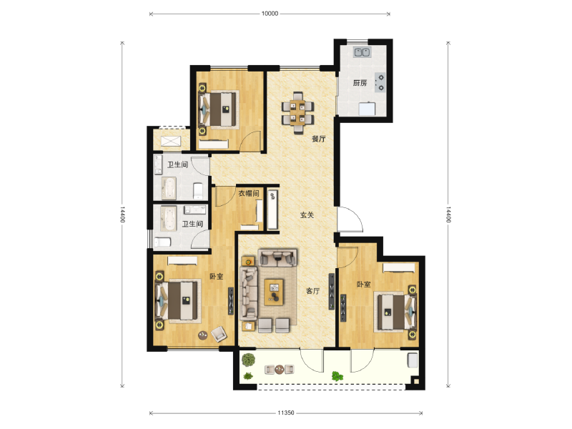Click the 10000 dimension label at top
tap(270, 14)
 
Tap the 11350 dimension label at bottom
tap(285, 413)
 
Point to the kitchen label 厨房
tap(360, 83)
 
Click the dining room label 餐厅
tap(318, 139)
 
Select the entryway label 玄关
tap(307, 215)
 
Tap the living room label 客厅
tap(312, 291)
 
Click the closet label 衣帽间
tap(249, 193)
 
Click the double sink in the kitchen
tap(362, 52)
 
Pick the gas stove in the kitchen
tap(380, 82)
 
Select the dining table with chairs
tap(298, 112)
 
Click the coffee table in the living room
tap(274, 292)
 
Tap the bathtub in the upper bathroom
tap(169, 188)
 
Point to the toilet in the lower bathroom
tap(163, 242)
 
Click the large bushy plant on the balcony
tap(248, 360)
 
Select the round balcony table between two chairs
tap(279, 370)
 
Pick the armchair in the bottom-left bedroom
tap(219, 334)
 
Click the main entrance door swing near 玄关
tap(350, 220)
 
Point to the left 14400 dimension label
tap(122, 214)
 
